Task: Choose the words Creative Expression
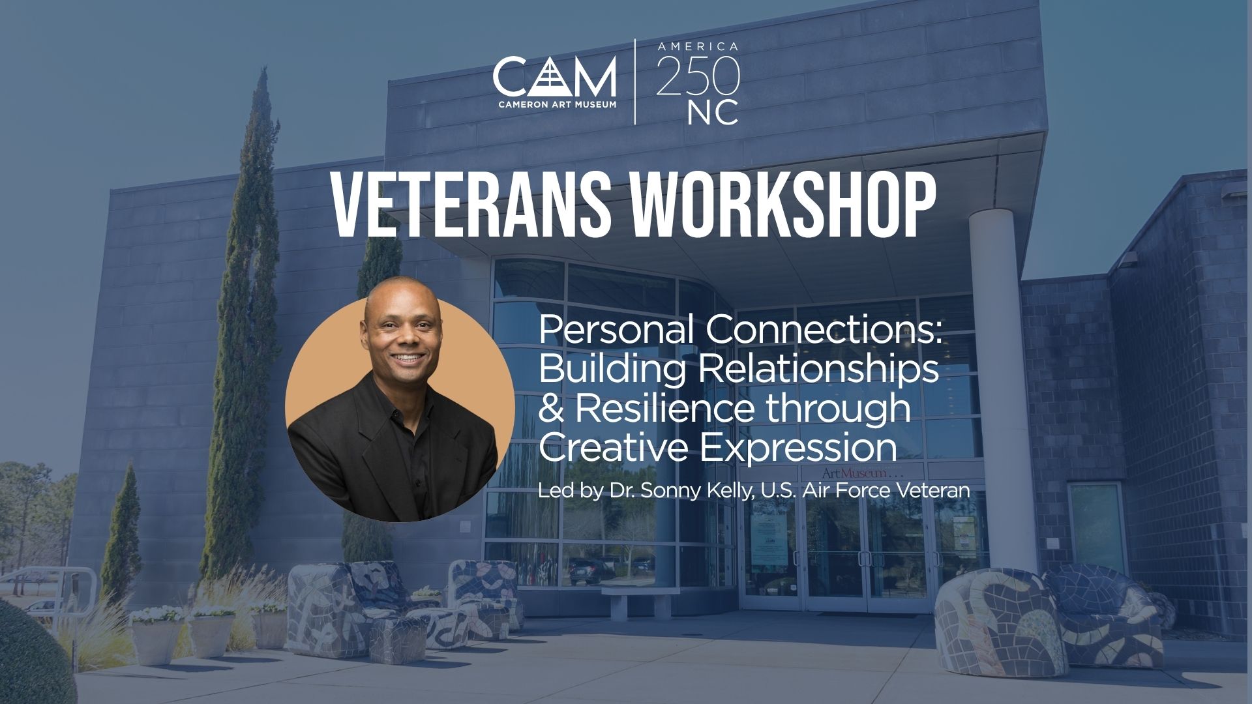pos(718,448)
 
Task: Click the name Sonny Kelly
pos(697,491)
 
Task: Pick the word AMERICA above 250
pos(698,47)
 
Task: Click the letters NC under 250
pos(713,112)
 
